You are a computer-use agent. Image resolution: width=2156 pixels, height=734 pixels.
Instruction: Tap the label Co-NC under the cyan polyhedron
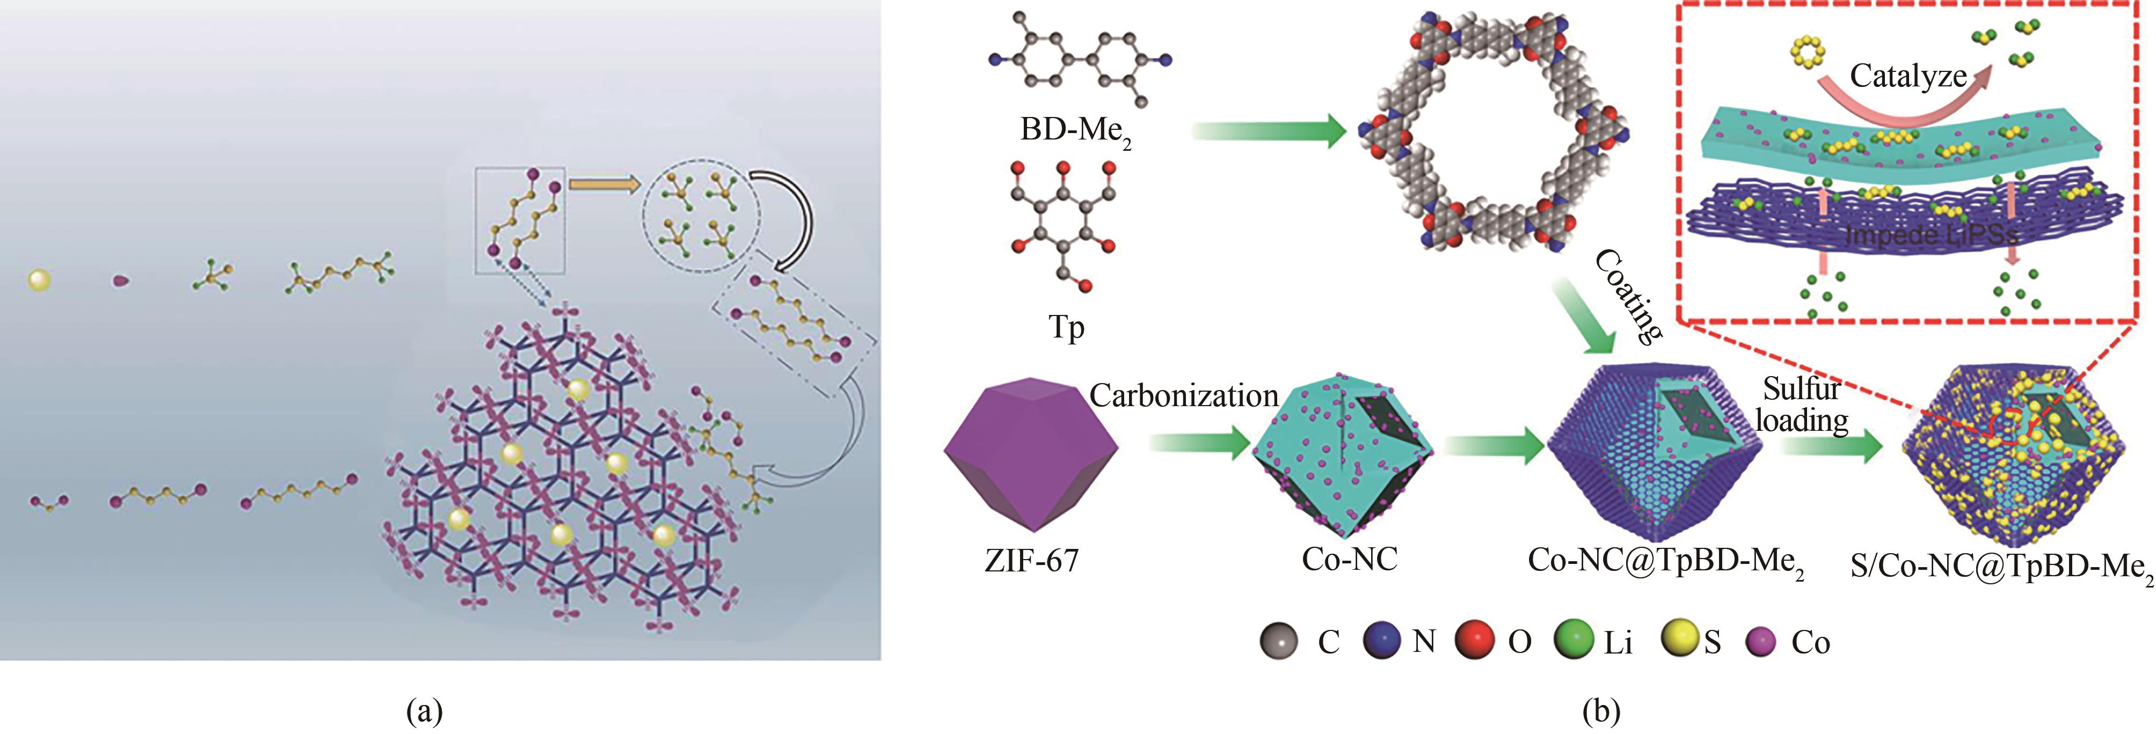click(1349, 559)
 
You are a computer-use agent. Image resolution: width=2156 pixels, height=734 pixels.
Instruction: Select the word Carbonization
click(1183, 396)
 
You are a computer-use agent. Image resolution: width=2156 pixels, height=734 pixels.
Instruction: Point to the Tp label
click(1066, 326)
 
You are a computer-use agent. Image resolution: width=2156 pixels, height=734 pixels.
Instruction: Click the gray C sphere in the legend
click(1278, 642)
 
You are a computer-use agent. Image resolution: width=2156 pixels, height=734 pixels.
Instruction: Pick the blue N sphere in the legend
click(1382, 641)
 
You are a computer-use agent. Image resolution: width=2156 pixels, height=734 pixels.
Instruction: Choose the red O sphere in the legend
click(1476, 641)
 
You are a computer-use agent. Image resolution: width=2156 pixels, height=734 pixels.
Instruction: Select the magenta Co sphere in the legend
click(1762, 642)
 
